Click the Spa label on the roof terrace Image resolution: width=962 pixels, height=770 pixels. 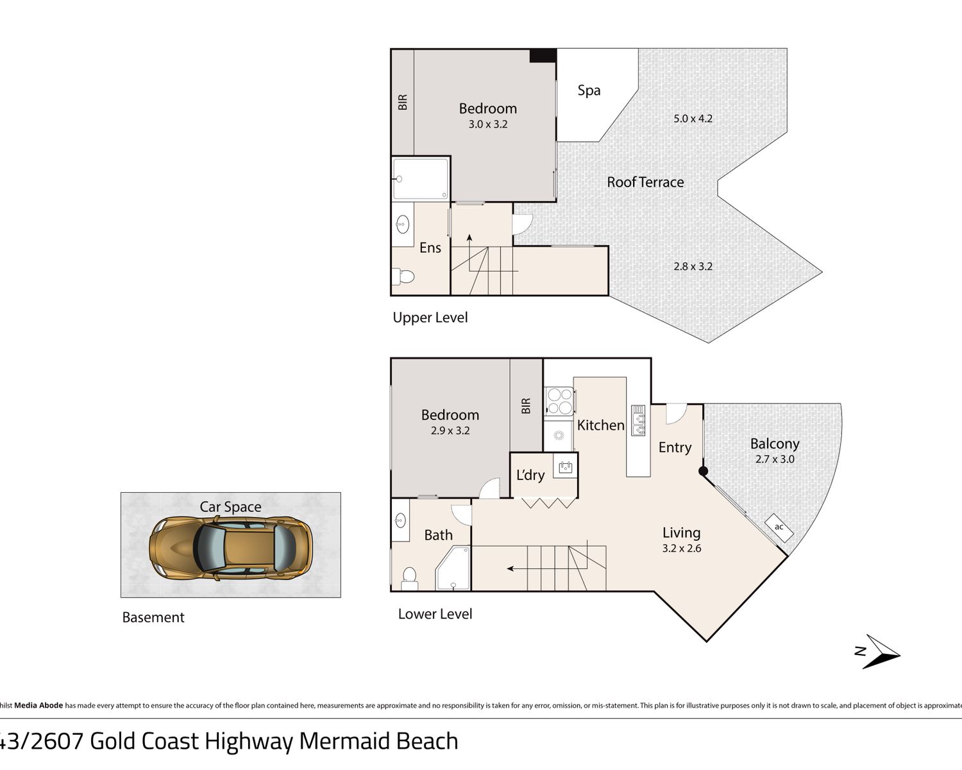point(589,90)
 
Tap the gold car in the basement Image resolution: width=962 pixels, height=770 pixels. point(231,549)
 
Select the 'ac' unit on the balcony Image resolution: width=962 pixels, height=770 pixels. point(779,527)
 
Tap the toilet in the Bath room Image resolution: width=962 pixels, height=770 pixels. point(409,579)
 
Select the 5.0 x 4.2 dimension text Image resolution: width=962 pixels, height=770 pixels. point(693,119)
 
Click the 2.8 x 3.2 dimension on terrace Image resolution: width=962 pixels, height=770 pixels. point(693,266)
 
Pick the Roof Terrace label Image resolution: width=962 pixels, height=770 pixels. point(645,182)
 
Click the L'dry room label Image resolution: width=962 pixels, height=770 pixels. point(530,475)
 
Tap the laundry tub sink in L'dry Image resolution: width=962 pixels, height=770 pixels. point(565,468)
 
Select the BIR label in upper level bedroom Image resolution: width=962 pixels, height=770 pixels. point(403,102)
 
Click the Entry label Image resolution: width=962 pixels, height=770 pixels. point(675,447)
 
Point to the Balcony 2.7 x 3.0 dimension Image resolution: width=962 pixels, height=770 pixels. point(775,459)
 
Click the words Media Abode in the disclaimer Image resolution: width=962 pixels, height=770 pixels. point(38,706)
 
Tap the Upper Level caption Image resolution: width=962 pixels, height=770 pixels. point(430,318)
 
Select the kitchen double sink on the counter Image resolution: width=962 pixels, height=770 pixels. point(638,420)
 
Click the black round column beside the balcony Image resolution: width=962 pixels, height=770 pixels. point(703,471)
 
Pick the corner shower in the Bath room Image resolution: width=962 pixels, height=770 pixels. point(453,569)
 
